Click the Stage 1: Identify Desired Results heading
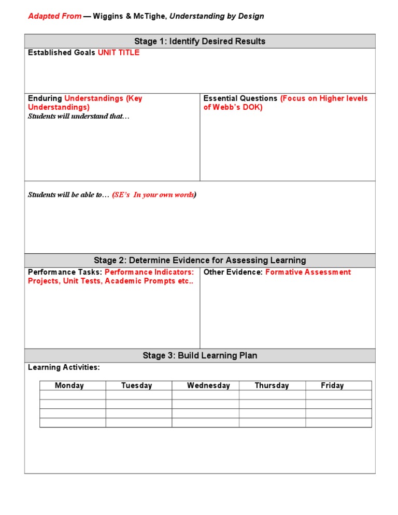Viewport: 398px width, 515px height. (x=200, y=41)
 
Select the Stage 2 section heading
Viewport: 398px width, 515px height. (x=200, y=261)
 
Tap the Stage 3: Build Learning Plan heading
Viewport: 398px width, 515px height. (x=200, y=355)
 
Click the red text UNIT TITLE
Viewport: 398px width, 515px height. (x=119, y=53)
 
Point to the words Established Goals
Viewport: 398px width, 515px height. (x=62, y=53)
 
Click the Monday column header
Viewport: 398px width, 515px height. (x=69, y=385)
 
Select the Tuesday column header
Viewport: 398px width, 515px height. (x=137, y=385)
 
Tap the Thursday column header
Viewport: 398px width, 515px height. (x=272, y=385)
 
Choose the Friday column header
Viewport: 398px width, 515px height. (x=332, y=385)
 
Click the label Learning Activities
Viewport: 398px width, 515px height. (x=64, y=367)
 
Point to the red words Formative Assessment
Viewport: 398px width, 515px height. (x=308, y=273)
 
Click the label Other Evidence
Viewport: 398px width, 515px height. (x=233, y=273)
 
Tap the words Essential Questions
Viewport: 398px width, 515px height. (x=240, y=98)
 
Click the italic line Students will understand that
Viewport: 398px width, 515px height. (x=79, y=116)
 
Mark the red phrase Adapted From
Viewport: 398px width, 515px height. (x=54, y=16)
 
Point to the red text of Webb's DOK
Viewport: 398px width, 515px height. (x=233, y=107)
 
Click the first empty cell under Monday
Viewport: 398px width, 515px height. (x=73, y=395)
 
